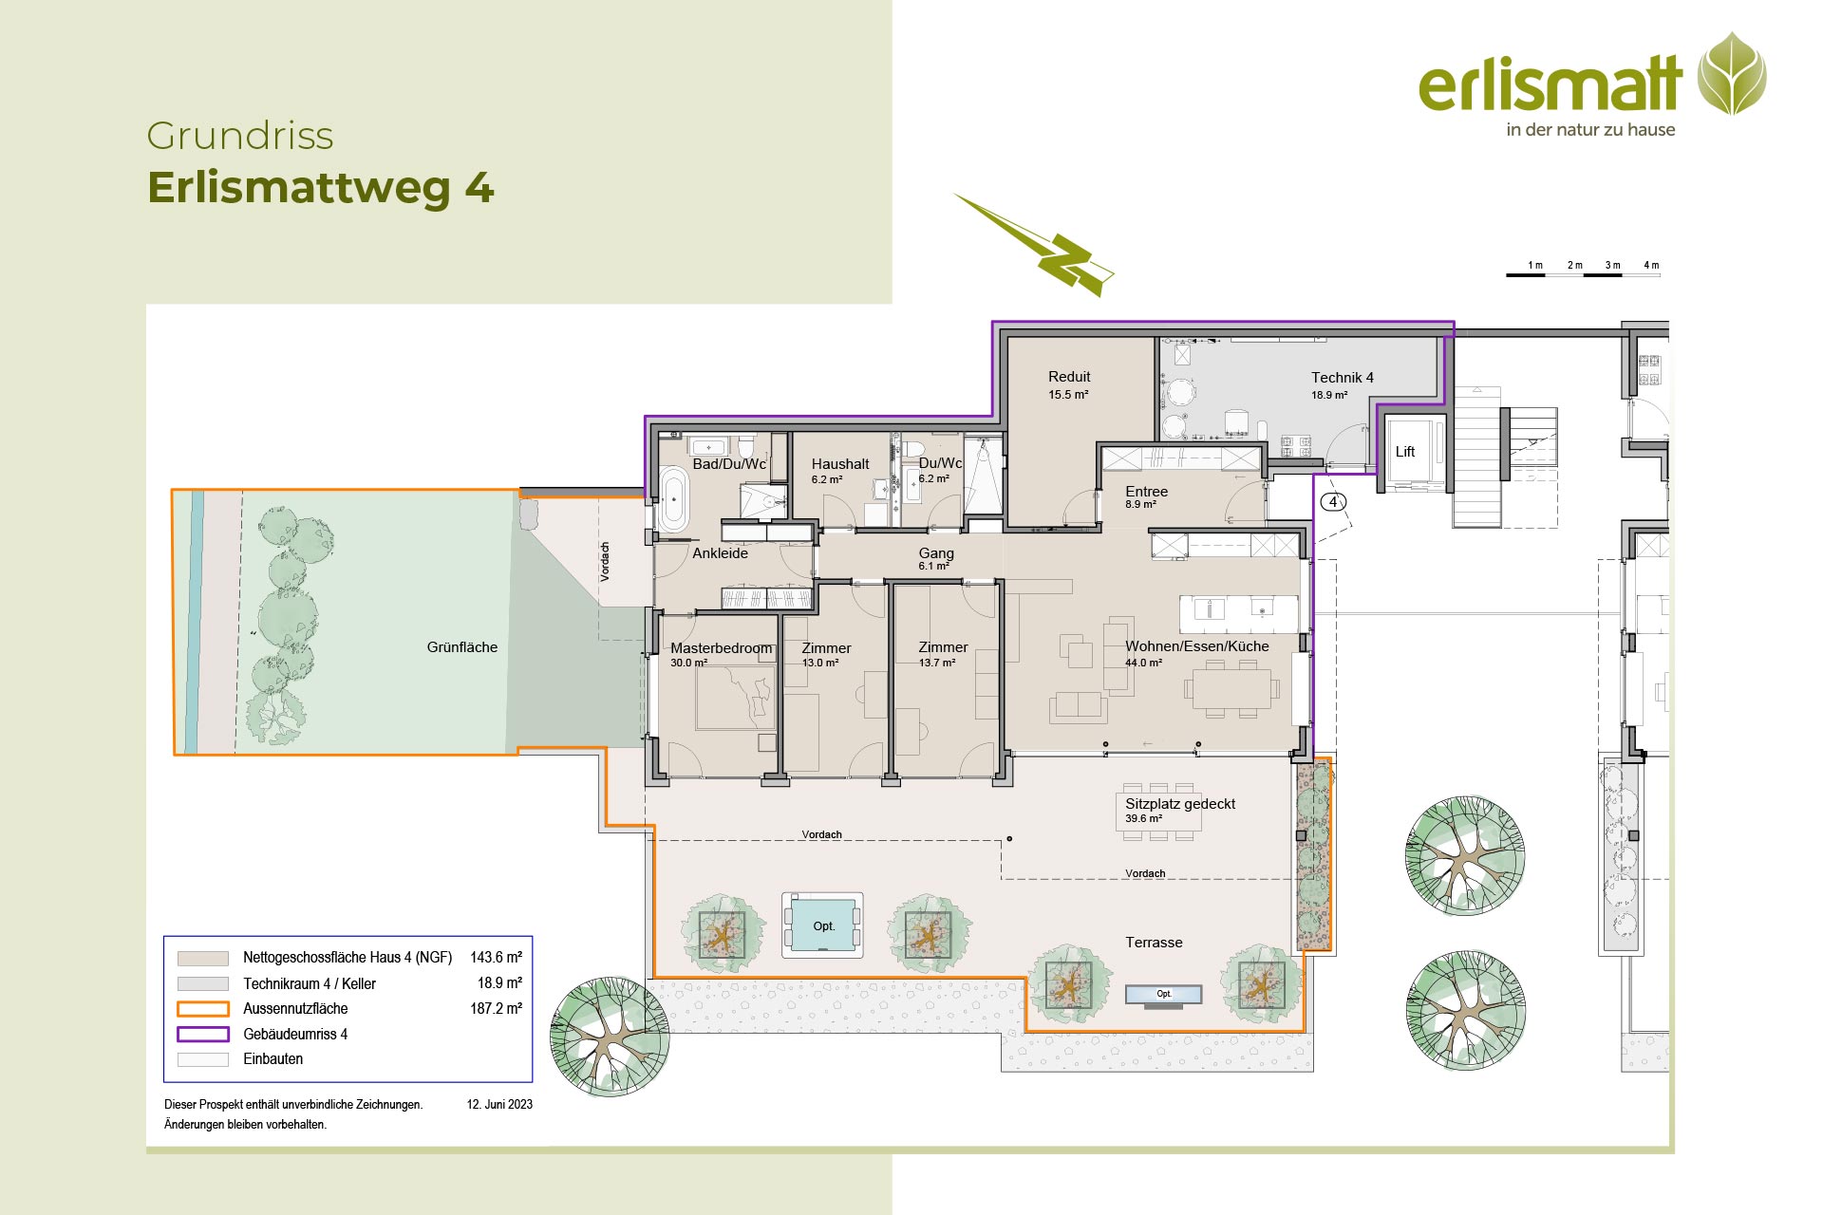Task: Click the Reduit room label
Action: [1069, 377]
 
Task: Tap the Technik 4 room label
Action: [1343, 378]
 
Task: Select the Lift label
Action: [1405, 452]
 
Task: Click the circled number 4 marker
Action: [1333, 502]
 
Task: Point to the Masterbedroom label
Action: [722, 648]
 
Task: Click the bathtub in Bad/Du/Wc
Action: [673, 498]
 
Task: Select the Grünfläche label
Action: [462, 647]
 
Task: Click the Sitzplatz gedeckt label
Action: [1180, 804]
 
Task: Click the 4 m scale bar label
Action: [1651, 265]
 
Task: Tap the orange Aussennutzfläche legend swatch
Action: [203, 1009]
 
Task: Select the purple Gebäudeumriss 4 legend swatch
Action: [203, 1035]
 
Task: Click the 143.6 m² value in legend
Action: [496, 958]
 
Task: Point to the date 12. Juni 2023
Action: [499, 1105]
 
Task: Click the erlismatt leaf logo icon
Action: [1732, 74]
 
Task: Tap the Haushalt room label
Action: [840, 464]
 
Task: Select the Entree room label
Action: [1147, 492]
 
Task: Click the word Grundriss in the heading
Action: [240, 137]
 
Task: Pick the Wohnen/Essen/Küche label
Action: [1197, 646]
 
